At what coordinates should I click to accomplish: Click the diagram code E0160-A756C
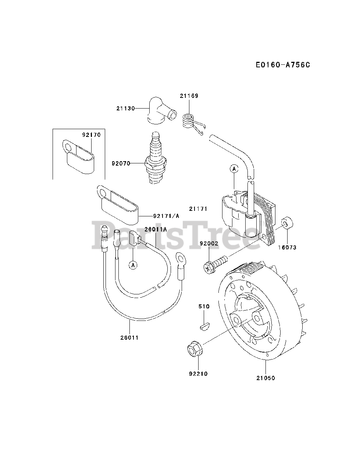point(278,65)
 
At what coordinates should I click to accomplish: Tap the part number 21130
point(125,108)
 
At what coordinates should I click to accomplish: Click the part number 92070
point(121,163)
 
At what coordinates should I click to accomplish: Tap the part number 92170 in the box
point(91,135)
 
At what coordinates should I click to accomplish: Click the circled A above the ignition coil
point(234,169)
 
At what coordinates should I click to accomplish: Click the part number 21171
point(199,209)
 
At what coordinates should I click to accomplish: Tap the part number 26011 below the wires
point(129,337)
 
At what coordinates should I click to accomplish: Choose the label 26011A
point(156,229)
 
